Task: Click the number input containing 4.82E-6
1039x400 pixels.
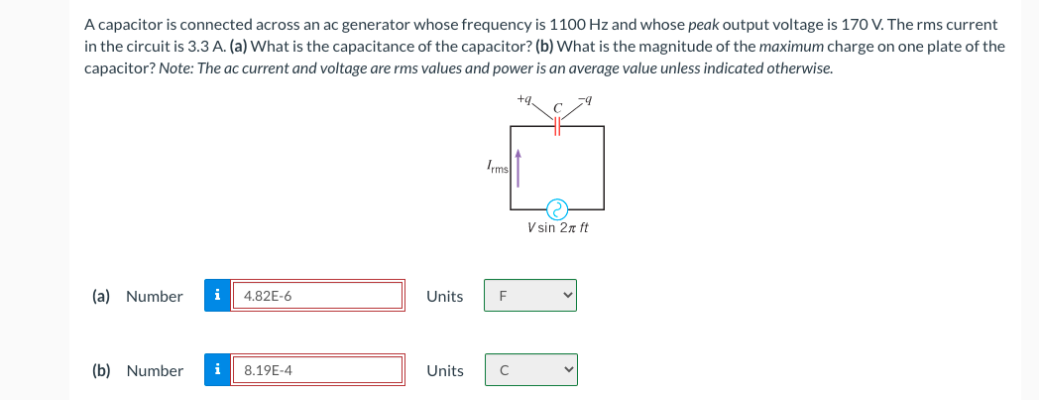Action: tap(317, 296)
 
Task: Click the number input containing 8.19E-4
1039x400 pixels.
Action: tap(317, 370)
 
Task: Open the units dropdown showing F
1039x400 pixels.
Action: tap(530, 296)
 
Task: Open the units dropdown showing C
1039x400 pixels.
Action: tap(530, 370)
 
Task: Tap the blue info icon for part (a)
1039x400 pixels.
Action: tap(217, 296)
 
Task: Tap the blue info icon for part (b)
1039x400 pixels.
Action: tap(217, 370)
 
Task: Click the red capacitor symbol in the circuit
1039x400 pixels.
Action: tap(557, 126)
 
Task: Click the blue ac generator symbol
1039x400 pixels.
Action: tap(558, 208)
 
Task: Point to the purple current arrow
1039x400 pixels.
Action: tap(518, 169)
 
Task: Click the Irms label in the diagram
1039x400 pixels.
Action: tap(497, 168)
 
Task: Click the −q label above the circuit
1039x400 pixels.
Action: tap(589, 99)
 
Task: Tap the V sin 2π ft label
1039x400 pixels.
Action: tap(558, 227)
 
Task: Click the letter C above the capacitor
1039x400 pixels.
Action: tap(557, 106)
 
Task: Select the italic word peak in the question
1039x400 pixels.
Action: tap(702, 23)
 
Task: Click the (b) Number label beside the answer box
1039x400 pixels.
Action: tap(138, 370)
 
